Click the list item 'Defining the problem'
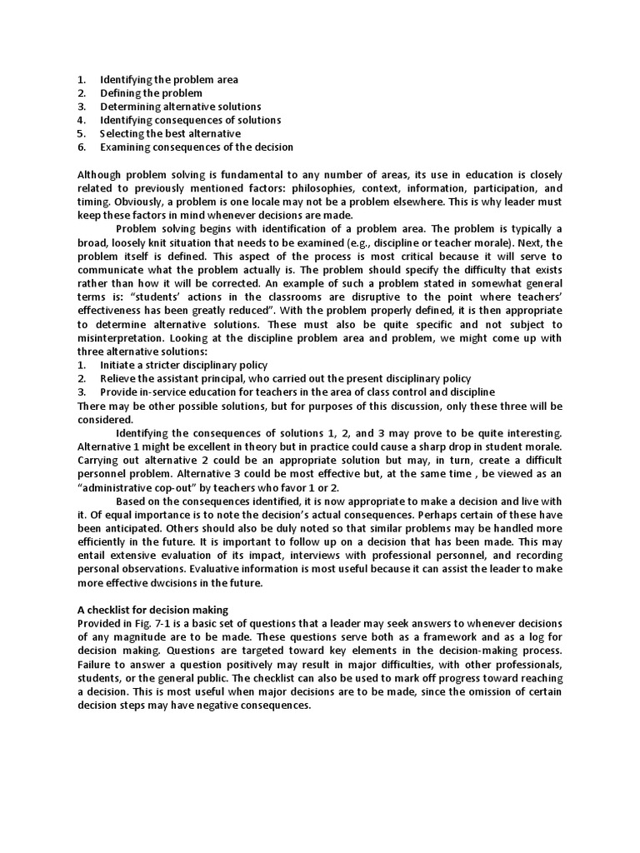(151, 93)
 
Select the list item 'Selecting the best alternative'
(170, 133)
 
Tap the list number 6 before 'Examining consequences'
(82, 147)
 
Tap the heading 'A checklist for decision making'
(152, 610)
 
